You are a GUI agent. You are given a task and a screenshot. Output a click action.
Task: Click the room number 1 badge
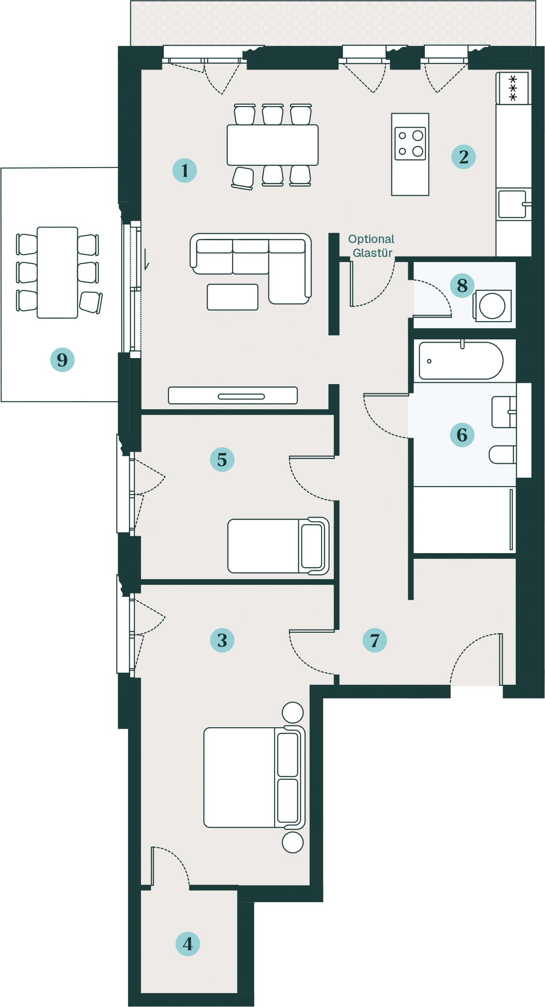click(185, 170)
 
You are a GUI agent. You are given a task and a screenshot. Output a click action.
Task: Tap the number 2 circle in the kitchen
click(464, 156)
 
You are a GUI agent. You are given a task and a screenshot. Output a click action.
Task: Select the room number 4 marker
click(188, 944)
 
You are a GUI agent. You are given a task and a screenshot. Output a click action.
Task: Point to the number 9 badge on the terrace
click(62, 359)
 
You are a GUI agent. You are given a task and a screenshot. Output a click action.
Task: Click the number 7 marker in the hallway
click(375, 640)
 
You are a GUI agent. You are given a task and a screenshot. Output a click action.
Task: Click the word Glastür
click(372, 253)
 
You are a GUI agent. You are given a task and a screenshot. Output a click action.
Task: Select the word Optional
click(371, 239)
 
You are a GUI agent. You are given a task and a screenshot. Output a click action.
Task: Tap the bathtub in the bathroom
click(461, 361)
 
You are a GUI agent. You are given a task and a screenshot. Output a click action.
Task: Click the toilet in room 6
click(503, 454)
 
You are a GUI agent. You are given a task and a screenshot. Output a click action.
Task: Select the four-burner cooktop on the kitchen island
click(410, 144)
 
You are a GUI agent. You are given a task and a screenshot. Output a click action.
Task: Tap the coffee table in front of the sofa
click(233, 297)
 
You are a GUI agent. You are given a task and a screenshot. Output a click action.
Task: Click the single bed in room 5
click(278, 546)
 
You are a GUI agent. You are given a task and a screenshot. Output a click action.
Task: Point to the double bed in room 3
click(255, 777)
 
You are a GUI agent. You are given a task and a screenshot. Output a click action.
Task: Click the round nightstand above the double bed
click(293, 712)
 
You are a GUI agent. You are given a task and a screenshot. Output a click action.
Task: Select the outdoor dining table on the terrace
click(57, 272)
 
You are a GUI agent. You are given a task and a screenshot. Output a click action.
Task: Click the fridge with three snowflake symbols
click(513, 88)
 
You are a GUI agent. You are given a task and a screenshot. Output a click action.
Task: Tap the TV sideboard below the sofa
click(233, 395)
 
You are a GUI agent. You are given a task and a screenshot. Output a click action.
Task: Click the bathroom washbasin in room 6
click(505, 412)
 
